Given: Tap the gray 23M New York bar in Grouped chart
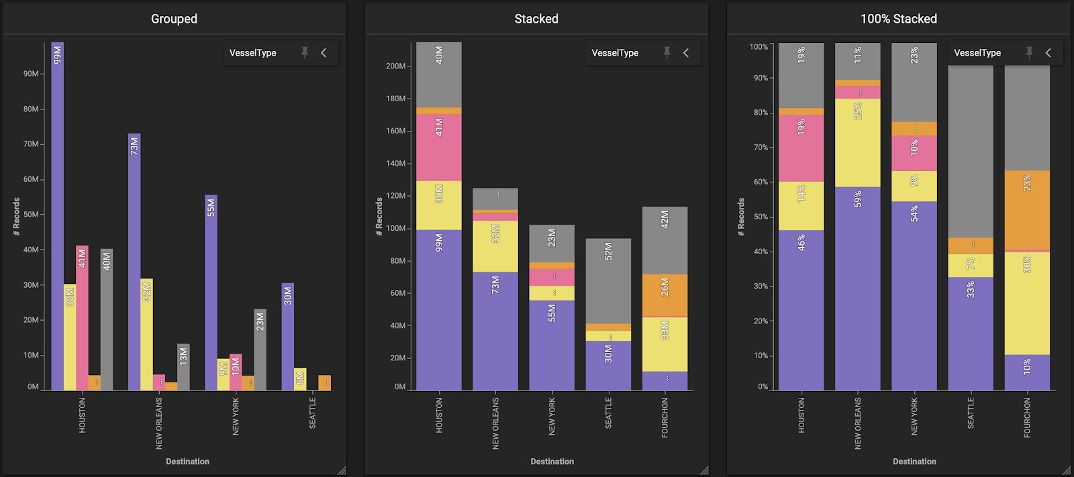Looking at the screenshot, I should (x=260, y=350).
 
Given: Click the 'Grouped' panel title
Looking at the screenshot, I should (x=174, y=19).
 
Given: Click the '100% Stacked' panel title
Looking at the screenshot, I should (x=898, y=19).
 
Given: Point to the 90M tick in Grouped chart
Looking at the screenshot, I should (x=31, y=74).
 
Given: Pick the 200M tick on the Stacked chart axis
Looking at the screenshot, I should (x=395, y=66).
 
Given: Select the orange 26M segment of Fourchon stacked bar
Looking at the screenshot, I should (x=665, y=295).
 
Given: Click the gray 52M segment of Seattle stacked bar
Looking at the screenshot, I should (x=608, y=281).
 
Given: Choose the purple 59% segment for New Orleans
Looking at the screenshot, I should (x=858, y=288).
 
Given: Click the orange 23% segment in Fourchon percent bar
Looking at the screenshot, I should (x=1027, y=210).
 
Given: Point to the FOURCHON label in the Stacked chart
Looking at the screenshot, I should (x=665, y=417).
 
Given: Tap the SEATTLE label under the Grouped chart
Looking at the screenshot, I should (x=312, y=413).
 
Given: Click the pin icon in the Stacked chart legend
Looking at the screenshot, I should (x=667, y=52).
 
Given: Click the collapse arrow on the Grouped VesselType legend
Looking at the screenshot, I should (x=324, y=52).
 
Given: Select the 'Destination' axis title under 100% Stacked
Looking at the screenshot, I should (x=914, y=462).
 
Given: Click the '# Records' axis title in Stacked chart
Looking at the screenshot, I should (x=379, y=217).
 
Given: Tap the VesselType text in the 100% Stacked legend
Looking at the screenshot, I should (x=977, y=53).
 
